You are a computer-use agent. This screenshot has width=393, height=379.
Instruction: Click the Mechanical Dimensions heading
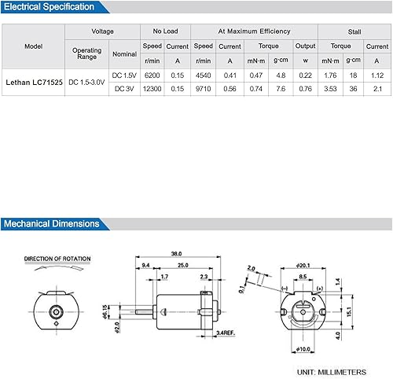coord(52,223)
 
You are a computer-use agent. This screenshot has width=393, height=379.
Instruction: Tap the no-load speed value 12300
coord(152,89)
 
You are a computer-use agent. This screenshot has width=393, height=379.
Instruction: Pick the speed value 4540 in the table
coord(203,75)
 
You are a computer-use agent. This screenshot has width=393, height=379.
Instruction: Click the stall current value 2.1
coord(377,89)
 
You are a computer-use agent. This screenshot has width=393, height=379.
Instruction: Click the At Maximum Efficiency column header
coord(253,31)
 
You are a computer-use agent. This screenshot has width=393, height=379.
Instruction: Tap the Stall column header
coord(354,31)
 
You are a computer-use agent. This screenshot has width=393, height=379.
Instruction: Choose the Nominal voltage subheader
coord(124,54)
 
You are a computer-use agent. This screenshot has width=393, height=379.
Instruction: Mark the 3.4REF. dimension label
coord(227,333)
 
